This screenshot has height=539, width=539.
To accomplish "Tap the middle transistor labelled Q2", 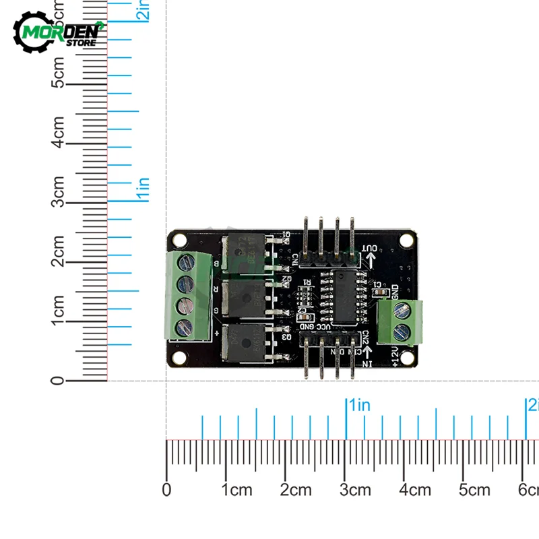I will pos(245,296).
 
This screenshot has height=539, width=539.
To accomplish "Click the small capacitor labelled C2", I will pos(304,319).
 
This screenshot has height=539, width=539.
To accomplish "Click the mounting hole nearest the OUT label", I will pos(408,240).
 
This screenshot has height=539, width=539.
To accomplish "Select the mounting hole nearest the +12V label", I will pos(406,356).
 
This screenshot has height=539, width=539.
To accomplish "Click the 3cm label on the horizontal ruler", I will pos(355,490).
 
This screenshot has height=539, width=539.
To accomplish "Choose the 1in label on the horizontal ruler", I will pos(359,405).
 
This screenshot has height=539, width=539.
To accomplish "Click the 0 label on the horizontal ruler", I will pos(167,490).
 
